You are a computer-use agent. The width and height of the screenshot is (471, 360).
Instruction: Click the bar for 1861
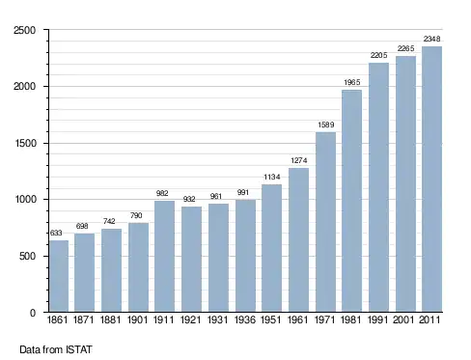point(59,276)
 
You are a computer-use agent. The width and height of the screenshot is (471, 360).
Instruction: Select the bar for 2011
point(431,180)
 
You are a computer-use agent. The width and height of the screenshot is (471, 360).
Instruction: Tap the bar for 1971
point(325,222)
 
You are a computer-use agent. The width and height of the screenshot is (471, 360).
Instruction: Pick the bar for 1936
point(245,256)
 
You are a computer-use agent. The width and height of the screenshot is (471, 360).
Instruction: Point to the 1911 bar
point(164,257)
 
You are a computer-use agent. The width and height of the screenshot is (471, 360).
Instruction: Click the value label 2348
point(431,39)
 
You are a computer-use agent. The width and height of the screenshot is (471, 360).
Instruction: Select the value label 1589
point(326,125)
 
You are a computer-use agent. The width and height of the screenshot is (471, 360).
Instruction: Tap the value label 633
point(56,233)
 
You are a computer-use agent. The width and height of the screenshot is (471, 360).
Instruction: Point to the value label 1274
point(299,160)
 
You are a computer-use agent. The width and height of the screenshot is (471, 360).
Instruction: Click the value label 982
point(162,193)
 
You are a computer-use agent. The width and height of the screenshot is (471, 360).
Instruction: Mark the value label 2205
point(378,55)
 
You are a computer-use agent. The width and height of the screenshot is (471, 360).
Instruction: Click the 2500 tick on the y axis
point(24,30)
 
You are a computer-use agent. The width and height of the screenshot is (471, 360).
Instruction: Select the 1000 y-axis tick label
point(25,199)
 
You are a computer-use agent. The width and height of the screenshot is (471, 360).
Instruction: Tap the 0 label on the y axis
point(33,313)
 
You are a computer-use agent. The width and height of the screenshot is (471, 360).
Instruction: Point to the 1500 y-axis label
point(25,143)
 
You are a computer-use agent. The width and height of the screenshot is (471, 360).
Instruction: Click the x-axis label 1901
point(137,319)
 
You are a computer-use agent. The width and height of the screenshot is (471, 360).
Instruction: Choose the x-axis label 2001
point(403,319)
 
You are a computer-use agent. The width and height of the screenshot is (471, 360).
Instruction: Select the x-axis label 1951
point(270,319)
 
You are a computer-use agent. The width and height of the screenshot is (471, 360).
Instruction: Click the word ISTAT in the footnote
point(79,349)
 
